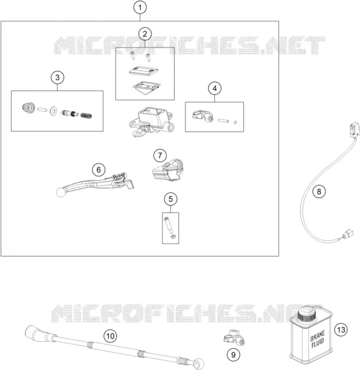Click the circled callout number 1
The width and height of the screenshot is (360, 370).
coord(140,7)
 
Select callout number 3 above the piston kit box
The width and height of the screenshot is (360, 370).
coord(57,78)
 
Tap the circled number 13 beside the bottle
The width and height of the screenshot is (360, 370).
coord(341,330)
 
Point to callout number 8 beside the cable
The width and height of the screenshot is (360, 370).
coord(319,191)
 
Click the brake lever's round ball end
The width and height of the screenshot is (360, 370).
coord(60,192)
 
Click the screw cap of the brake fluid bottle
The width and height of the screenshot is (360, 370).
coord(307,313)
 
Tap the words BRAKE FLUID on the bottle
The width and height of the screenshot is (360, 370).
coord(318,340)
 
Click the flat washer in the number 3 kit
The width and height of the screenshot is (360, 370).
coord(53,111)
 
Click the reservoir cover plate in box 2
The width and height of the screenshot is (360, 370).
coord(144,71)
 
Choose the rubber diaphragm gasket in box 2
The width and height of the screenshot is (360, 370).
coord(146,87)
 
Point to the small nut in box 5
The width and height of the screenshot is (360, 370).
coord(173,237)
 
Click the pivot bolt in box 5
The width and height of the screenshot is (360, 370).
coord(168,224)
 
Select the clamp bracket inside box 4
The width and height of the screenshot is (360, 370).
coord(203,116)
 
